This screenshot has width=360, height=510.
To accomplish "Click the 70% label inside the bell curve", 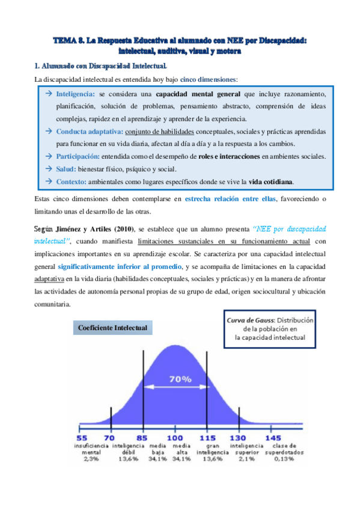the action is (180, 379).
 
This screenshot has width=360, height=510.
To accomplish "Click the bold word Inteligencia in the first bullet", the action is (75, 95).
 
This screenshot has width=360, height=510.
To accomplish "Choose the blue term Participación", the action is (79, 156).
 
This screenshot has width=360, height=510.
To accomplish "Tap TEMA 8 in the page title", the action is (67, 41).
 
